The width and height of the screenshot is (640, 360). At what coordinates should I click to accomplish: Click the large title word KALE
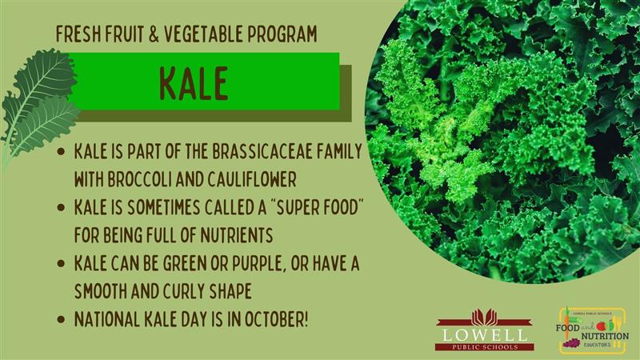click(x=194, y=84)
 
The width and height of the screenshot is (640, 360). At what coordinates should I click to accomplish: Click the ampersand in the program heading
click(x=154, y=34)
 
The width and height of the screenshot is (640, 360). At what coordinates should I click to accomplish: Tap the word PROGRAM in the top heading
click(x=282, y=34)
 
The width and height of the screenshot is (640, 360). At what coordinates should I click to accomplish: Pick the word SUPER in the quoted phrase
click(x=298, y=207)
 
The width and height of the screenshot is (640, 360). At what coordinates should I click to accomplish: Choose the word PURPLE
click(x=257, y=264)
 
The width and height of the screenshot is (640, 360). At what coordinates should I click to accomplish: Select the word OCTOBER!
click(x=276, y=319)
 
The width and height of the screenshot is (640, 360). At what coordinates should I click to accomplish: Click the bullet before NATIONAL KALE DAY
click(x=62, y=319)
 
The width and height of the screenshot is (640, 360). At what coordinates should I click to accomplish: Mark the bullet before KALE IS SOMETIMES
click(x=62, y=207)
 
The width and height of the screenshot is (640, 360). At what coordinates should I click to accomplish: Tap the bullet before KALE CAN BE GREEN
click(x=62, y=264)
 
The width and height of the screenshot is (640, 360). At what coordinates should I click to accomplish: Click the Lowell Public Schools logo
click(x=485, y=330)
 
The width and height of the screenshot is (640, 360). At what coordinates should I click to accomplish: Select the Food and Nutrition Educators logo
click(x=592, y=330)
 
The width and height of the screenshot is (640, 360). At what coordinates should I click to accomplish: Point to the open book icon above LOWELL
click(x=484, y=317)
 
